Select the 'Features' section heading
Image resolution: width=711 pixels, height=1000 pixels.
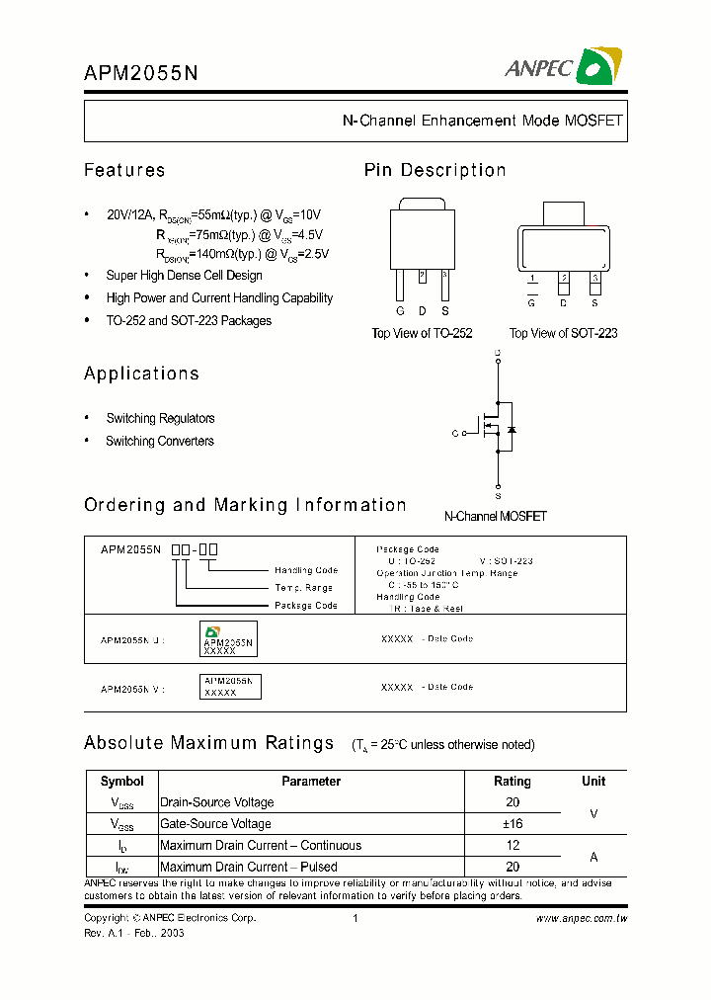point(124,170)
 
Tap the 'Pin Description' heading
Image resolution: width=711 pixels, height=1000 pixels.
point(434,170)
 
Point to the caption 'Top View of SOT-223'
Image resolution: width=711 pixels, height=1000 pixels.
point(563,333)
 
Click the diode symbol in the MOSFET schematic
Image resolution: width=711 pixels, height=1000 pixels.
point(512,429)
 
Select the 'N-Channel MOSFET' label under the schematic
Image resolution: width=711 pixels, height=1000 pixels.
point(495,516)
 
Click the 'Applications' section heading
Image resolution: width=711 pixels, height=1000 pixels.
point(141,374)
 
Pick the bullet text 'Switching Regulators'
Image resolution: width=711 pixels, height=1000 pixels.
point(160,418)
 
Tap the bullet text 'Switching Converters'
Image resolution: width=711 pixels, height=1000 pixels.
point(160,441)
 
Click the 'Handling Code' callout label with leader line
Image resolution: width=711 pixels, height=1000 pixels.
point(306,570)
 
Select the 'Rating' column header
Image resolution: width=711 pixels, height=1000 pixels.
point(512,781)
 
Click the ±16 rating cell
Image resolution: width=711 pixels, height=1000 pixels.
point(512,823)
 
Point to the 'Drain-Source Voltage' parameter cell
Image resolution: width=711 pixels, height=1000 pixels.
point(217,802)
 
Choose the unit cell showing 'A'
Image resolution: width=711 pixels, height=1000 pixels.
point(593,856)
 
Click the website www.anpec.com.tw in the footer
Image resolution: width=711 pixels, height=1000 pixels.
point(582,918)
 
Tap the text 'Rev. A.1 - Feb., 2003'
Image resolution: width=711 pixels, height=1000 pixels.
point(134,932)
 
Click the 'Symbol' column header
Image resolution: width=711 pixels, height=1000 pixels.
point(122,781)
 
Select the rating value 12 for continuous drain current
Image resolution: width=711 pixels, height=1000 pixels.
point(512,845)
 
